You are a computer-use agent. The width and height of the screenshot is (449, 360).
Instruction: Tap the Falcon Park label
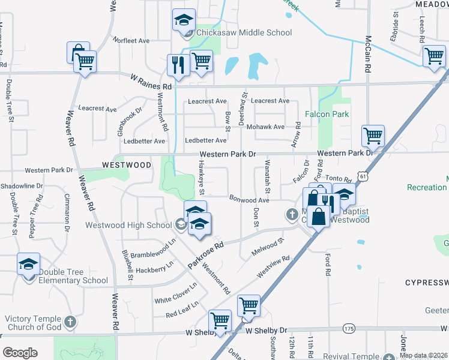click(x=327, y=114)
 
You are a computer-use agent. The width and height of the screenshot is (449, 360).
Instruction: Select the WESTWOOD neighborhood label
click(x=126, y=164)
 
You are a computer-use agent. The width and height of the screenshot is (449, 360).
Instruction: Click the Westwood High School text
click(x=128, y=226)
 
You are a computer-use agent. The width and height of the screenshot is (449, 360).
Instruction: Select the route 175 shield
click(x=349, y=328)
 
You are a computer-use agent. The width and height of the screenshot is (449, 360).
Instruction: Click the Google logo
click(x=20, y=353)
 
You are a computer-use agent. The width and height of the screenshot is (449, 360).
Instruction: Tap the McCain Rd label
click(x=367, y=55)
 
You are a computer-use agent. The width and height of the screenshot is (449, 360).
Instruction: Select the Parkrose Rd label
click(x=205, y=254)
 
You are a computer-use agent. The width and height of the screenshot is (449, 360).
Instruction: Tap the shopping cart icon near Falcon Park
click(x=373, y=136)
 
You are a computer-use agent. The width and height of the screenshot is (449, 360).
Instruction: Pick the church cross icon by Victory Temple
click(x=70, y=322)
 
